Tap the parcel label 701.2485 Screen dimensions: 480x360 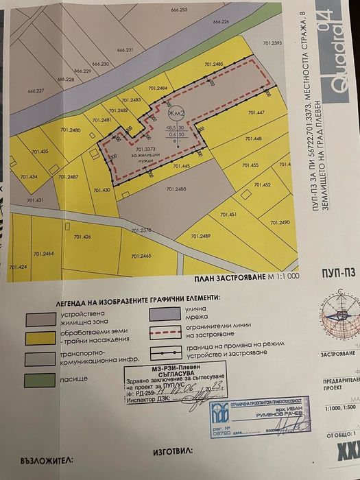coord(214,64)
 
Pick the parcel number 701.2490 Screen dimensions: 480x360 coord(280,223)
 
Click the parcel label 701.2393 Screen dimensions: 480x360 coord(291,43)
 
